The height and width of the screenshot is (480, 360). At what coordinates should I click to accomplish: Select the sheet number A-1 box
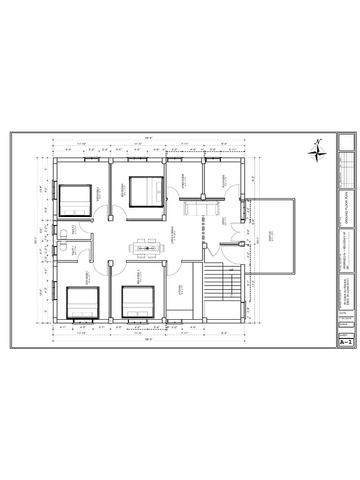(x=345, y=343)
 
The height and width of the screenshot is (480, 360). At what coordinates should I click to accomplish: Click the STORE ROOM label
(x=185, y=181)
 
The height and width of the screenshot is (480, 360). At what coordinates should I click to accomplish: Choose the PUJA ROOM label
(x=225, y=181)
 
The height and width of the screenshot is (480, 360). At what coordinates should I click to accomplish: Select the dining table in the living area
(x=145, y=247)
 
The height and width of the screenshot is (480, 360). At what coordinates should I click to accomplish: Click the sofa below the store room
(x=201, y=209)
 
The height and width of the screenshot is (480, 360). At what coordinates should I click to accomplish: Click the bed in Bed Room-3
(x=138, y=302)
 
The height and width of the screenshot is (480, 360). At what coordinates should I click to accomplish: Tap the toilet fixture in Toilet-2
(x=64, y=232)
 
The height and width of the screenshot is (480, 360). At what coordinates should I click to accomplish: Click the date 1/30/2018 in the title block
(x=345, y=318)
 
